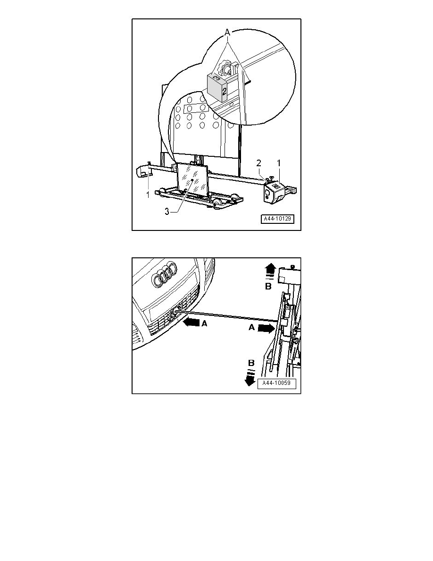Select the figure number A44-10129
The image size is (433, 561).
(x=278, y=219)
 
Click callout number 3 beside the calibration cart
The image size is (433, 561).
(x=167, y=211)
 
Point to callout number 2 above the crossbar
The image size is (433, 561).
(x=258, y=163)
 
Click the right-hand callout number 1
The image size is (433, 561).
(x=279, y=163)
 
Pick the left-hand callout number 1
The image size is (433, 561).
(x=148, y=195)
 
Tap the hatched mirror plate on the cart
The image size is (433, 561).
(x=192, y=181)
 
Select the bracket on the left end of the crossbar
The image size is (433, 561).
(x=143, y=171)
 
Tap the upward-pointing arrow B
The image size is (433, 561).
(x=270, y=268)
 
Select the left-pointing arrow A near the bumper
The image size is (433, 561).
(x=191, y=322)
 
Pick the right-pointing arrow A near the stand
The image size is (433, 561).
(x=265, y=329)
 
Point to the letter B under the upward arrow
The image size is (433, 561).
(x=268, y=286)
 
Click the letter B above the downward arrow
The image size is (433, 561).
(x=251, y=363)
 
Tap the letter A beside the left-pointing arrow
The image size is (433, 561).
(x=204, y=323)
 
